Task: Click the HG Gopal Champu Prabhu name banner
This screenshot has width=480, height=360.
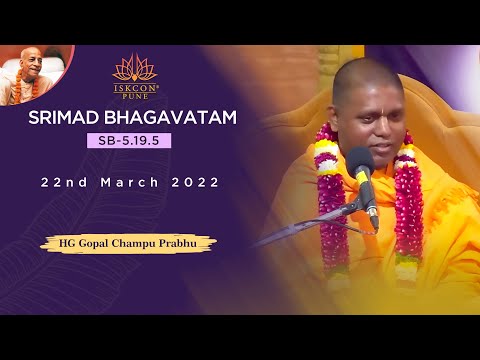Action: (x=128, y=243)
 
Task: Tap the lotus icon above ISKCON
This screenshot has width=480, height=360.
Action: (x=134, y=67)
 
